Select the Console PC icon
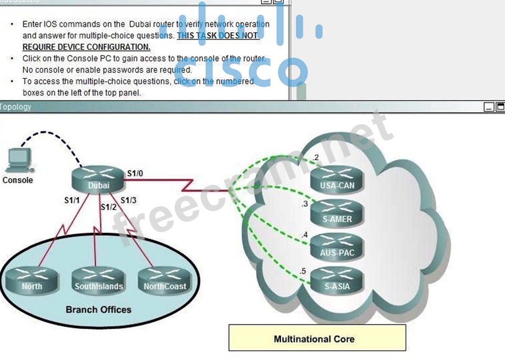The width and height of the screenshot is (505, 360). tap(18, 161)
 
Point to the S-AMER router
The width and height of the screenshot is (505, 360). tap(337, 214)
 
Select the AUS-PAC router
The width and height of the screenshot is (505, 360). tap(337, 247)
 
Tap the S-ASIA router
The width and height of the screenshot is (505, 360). tap(337, 281)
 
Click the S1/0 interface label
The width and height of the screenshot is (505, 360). tap(135, 174)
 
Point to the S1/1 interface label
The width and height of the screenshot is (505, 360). tap(72, 200)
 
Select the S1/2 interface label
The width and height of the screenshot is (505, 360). tap(109, 207)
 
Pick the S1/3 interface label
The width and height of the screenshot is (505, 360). tap(128, 200)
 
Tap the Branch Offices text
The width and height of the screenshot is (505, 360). tap(98, 309)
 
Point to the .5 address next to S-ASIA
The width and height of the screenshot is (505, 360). tap(303, 271)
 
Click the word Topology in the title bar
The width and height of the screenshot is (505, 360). tap(16, 107)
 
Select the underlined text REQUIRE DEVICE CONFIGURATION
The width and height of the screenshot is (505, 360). tap(86, 47)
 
